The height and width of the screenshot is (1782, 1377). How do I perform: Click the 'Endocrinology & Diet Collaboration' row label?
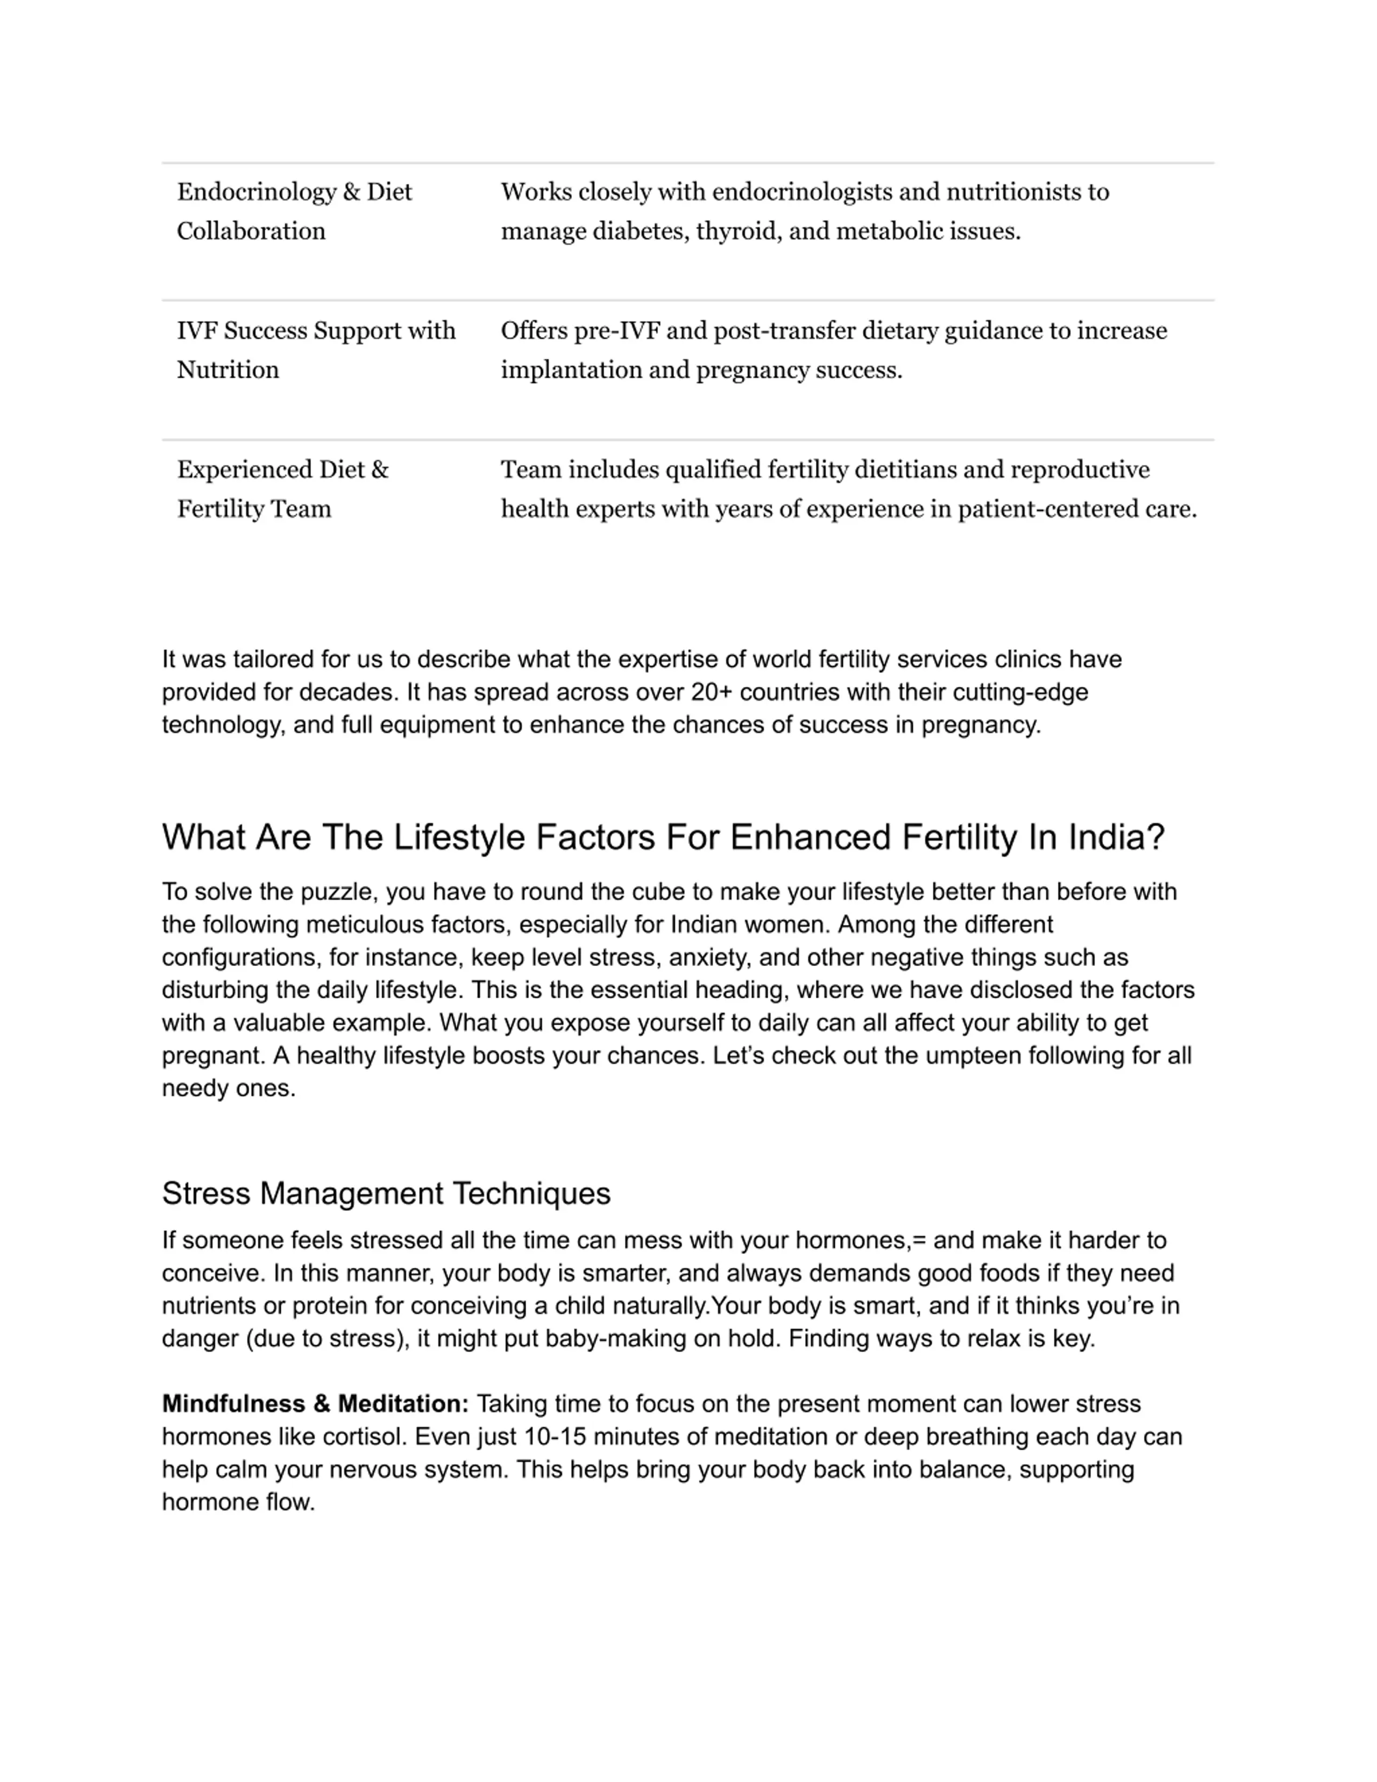[294, 211]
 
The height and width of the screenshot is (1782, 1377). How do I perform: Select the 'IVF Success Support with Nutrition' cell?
[316, 350]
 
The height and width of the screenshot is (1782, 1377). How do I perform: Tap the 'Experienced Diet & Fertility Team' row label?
[282, 489]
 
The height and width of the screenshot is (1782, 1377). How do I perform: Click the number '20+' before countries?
[712, 692]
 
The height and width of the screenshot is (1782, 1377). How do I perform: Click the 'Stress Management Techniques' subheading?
[386, 1194]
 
